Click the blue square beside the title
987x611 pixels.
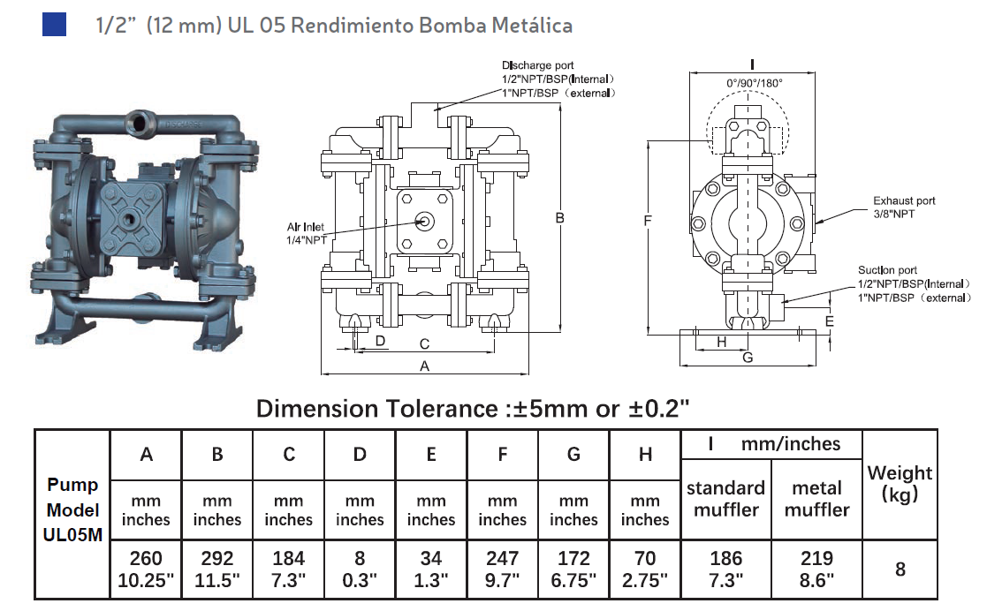tap(54, 24)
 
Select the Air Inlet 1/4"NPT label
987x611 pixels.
tap(307, 233)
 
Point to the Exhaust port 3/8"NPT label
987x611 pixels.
tap(904, 207)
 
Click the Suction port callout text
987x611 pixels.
tap(914, 283)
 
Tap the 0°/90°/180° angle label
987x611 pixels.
tap(754, 82)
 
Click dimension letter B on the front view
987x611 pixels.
tap(559, 218)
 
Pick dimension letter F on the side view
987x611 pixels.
tap(648, 221)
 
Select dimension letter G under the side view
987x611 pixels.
tap(748, 358)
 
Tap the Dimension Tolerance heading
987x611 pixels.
tap(472, 408)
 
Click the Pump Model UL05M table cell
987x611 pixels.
tap(72, 509)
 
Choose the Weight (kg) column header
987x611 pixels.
tap(900, 483)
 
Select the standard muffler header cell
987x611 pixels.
tap(726, 498)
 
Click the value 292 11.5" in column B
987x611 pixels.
tap(217, 569)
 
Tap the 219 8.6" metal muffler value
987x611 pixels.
tap(816, 569)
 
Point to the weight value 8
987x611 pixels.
tap(900, 570)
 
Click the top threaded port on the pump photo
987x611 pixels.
tap(141, 117)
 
